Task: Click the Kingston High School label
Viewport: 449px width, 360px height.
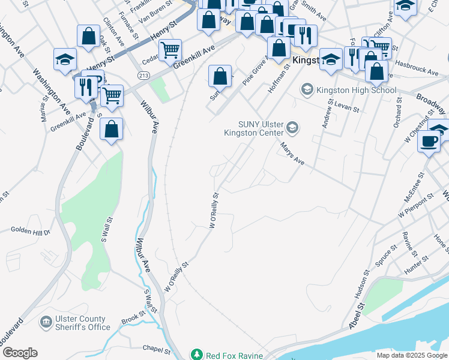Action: click(356, 91)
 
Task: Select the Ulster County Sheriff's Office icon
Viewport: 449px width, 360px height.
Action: click(46, 323)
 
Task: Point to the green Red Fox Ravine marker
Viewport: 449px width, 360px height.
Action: click(196, 355)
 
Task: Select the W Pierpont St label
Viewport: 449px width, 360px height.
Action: click(415, 207)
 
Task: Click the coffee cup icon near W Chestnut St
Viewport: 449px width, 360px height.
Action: click(429, 141)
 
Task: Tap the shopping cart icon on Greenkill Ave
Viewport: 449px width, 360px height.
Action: click(170, 49)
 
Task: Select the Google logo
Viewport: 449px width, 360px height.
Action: click(20, 353)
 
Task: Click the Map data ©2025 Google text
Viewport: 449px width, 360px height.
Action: click(412, 355)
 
